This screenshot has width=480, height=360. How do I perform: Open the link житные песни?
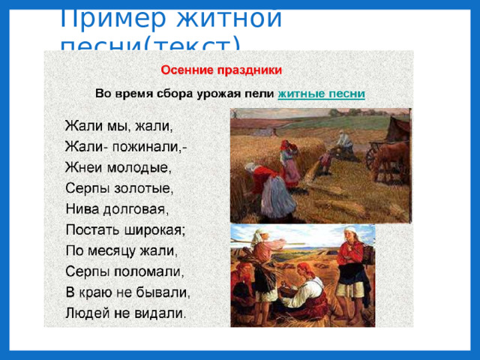click(322, 94)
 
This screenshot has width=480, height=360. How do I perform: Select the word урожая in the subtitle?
click(220, 94)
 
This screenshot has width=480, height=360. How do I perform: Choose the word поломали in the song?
click(147, 269)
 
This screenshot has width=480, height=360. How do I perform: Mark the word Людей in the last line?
click(87, 310)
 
